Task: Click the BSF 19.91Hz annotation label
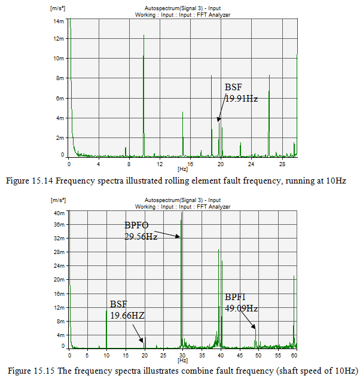click(241, 93)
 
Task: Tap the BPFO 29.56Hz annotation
click(141, 231)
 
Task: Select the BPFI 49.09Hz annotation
click(241, 302)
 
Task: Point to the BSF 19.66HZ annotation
click(127, 309)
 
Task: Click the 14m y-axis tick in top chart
click(59, 21)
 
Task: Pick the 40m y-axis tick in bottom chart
click(59, 212)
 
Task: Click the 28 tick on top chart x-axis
click(282, 164)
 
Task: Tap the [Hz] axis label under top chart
click(182, 170)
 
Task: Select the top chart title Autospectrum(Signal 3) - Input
click(183, 8)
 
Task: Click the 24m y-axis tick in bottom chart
click(59, 265)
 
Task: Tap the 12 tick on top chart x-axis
click(160, 164)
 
